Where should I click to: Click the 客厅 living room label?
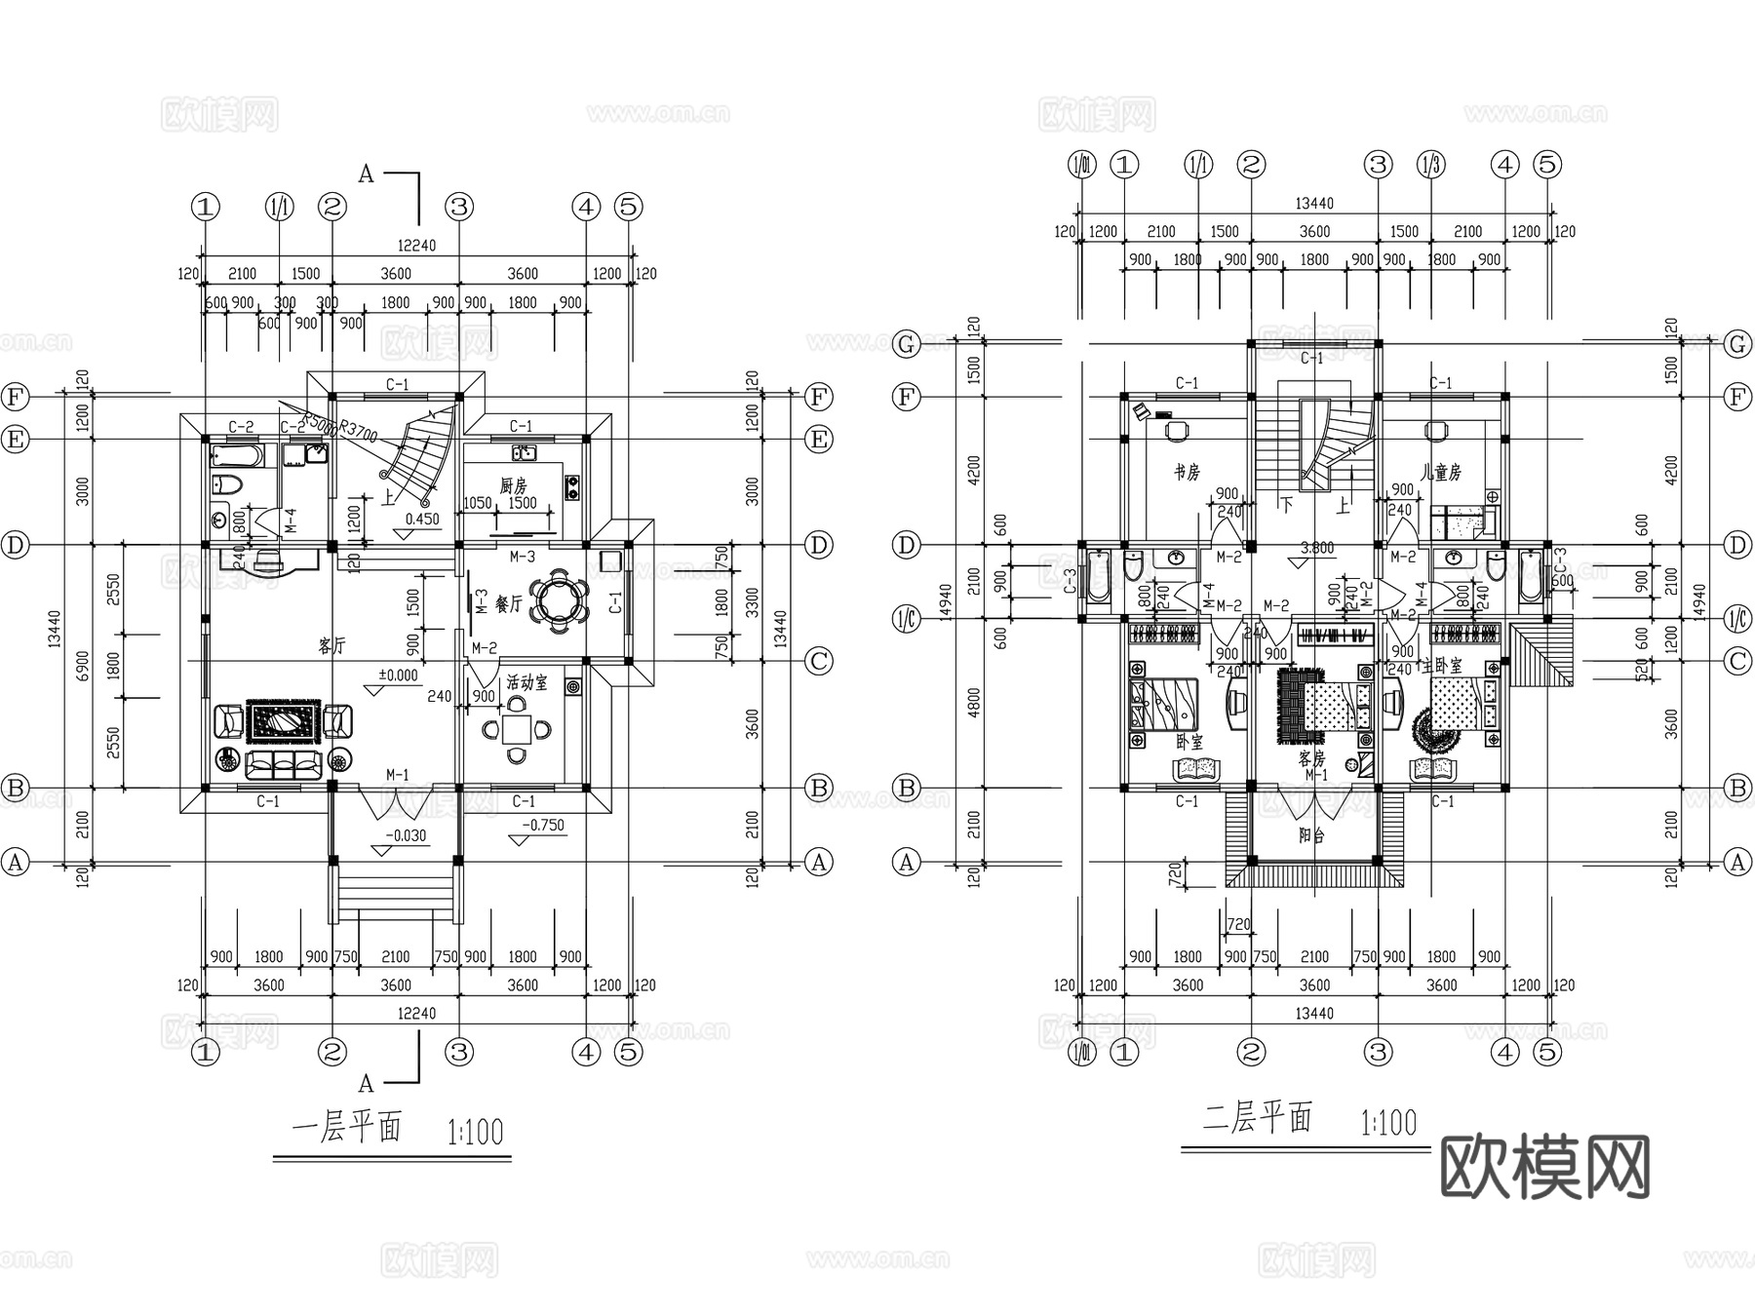[x=331, y=645]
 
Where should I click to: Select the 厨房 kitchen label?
[x=513, y=484]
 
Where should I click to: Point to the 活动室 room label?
[x=527, y=683]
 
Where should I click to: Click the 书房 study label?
[x=1187, y=473]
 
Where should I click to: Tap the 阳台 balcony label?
[x=1311, y=835]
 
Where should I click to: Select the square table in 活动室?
[x=517, y=729]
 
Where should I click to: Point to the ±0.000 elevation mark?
[x=398, y=676]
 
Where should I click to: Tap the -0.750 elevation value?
[x=543, y=825]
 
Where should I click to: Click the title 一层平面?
[x=347, y=1129]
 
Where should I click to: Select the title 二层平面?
[x=1257, y=1117]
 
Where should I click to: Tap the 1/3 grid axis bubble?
[x=1431, y=165]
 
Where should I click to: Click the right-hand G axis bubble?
[x=1737, y=343]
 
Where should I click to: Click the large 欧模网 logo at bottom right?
[x=1544, y=1167]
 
